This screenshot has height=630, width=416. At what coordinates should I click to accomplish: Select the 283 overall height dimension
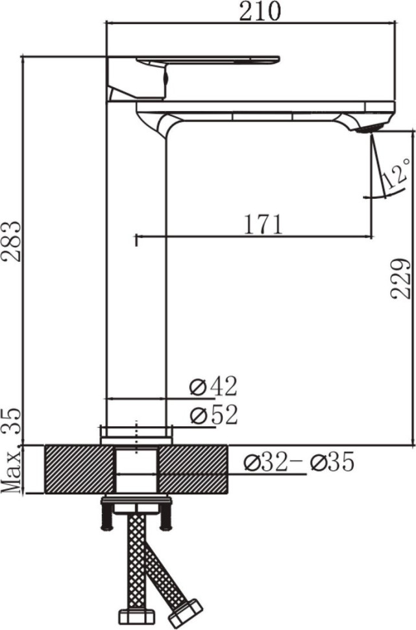coord(12,241)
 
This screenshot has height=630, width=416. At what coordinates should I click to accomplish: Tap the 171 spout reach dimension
coord(263,224)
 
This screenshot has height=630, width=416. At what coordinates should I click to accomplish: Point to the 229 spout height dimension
coord(400,279)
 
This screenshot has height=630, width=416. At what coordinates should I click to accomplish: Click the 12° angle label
coord(396,173)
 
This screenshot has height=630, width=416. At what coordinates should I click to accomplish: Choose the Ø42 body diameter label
coord(214,386)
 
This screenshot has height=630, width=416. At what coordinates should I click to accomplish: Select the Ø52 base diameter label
coord(214,415)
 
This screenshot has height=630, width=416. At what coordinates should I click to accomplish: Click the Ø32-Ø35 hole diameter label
coord(299,462)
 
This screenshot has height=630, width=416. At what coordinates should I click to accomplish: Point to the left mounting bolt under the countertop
coord(106,516)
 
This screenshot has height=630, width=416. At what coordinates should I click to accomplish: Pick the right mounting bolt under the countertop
coord(166,516)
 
